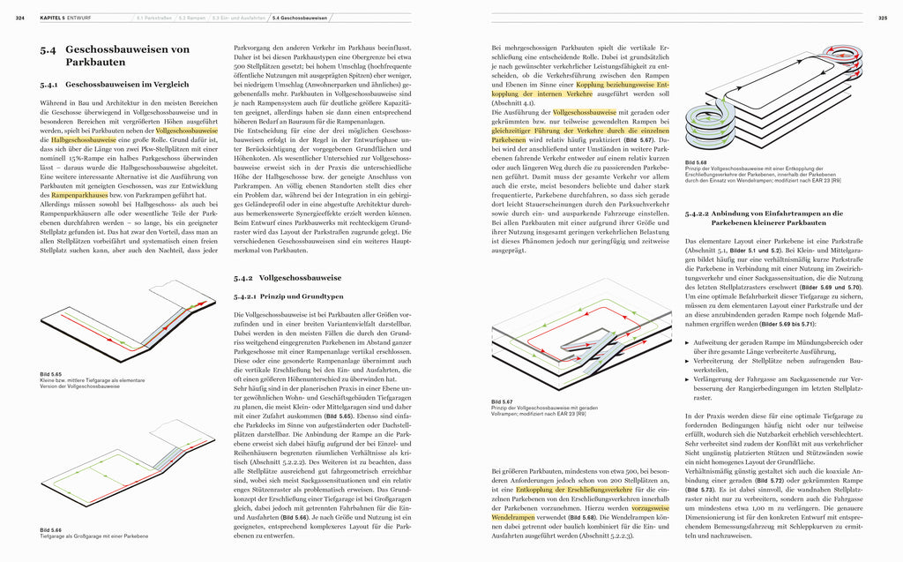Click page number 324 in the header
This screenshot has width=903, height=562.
click(20, 18)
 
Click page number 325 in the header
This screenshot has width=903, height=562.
click(882, 18)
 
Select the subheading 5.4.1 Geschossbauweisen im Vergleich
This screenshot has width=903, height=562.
click(116, 85)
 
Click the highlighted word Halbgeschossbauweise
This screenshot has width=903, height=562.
click(83, 139)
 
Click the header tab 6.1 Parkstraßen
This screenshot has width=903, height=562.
click(154, 18)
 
